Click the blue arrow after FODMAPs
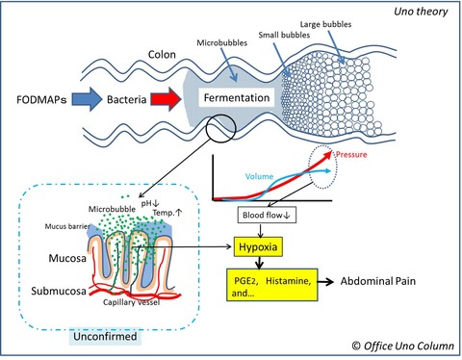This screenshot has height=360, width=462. [87, 99]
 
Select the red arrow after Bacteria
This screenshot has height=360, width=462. [166, 99]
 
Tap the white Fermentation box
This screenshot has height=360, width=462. [237, 97]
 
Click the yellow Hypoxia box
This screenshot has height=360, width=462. [258, 246]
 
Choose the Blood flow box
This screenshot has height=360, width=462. [267, 216]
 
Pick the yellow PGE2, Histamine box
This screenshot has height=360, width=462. [272, 285]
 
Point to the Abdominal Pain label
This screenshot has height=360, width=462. [378, 281]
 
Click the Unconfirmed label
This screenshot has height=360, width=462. [105, 337]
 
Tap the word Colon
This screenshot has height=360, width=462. [162, 55]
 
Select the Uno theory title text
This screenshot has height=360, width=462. [421, 12]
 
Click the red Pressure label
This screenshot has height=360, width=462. [351, 154]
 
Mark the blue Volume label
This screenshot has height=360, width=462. [259, 176]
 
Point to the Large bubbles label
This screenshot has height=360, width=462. [325, 24]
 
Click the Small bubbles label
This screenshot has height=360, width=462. [284, 35]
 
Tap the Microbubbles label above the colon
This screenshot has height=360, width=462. [222, 42]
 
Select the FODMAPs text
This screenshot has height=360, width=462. [41, 99]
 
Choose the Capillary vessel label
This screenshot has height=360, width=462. [131, 302]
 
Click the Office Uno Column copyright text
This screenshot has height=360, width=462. [403, 346]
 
